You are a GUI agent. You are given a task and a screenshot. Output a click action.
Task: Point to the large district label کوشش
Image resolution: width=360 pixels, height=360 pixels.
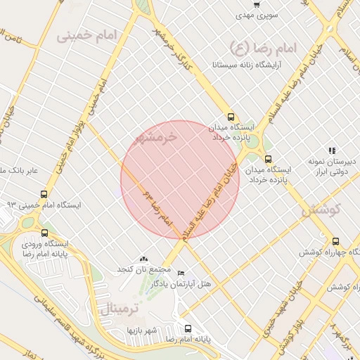(321, 209)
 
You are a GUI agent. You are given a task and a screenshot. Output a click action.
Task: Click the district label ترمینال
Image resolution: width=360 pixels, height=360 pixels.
(120, 307)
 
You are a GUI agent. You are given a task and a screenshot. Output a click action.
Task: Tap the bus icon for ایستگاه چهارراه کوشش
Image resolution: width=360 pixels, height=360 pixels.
(335, 240)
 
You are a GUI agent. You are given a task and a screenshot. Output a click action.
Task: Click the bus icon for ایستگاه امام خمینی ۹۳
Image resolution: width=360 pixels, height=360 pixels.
(44, 194)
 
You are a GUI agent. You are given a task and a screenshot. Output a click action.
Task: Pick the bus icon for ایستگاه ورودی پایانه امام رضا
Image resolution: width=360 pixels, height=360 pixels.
(45, 233)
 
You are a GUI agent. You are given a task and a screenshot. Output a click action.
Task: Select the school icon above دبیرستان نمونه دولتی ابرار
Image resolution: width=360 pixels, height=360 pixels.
(332, 150)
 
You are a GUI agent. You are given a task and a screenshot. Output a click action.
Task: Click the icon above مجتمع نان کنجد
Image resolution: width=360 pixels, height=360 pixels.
(145, 259)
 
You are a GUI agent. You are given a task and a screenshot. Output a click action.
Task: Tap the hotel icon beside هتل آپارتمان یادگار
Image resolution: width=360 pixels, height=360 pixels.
(181, 273)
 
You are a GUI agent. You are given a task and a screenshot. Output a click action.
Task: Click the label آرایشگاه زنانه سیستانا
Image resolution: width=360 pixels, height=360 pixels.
(246, 65)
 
